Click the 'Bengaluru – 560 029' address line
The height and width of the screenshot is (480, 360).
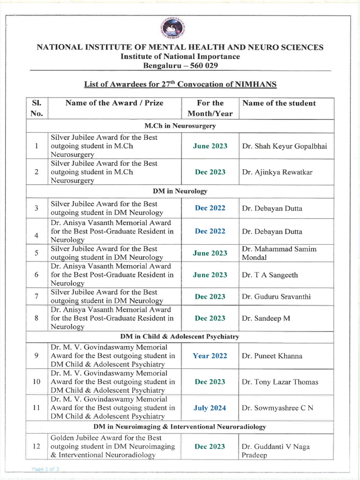click(180, 65)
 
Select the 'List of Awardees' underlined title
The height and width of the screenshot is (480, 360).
click(180, 84)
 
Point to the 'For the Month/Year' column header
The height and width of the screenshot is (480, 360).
click(210, 108)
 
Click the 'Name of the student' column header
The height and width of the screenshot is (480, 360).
click(279, 103)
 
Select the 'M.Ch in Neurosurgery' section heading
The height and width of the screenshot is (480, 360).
click(180, 126)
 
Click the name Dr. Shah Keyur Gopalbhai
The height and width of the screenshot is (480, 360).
click(285, 146)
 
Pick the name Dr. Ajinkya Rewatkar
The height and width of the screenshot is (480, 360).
click(277, 172)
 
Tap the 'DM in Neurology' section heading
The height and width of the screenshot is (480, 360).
click(180, 191)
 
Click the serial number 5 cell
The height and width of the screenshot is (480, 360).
click(37, 253)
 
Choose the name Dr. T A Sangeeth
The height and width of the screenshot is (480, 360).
click(270, 275)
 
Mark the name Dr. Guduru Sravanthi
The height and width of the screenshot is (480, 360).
click(276, 297)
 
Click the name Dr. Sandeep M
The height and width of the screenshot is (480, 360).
click(266, 318)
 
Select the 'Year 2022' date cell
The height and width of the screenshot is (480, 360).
click(210, 356)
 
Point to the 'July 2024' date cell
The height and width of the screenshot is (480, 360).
click(210, 408)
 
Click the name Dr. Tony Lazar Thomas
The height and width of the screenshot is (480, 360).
click(280, 382)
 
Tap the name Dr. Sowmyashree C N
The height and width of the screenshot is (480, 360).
click(277, 408)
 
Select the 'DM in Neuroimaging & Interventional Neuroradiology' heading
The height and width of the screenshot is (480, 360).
click(180, 427)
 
